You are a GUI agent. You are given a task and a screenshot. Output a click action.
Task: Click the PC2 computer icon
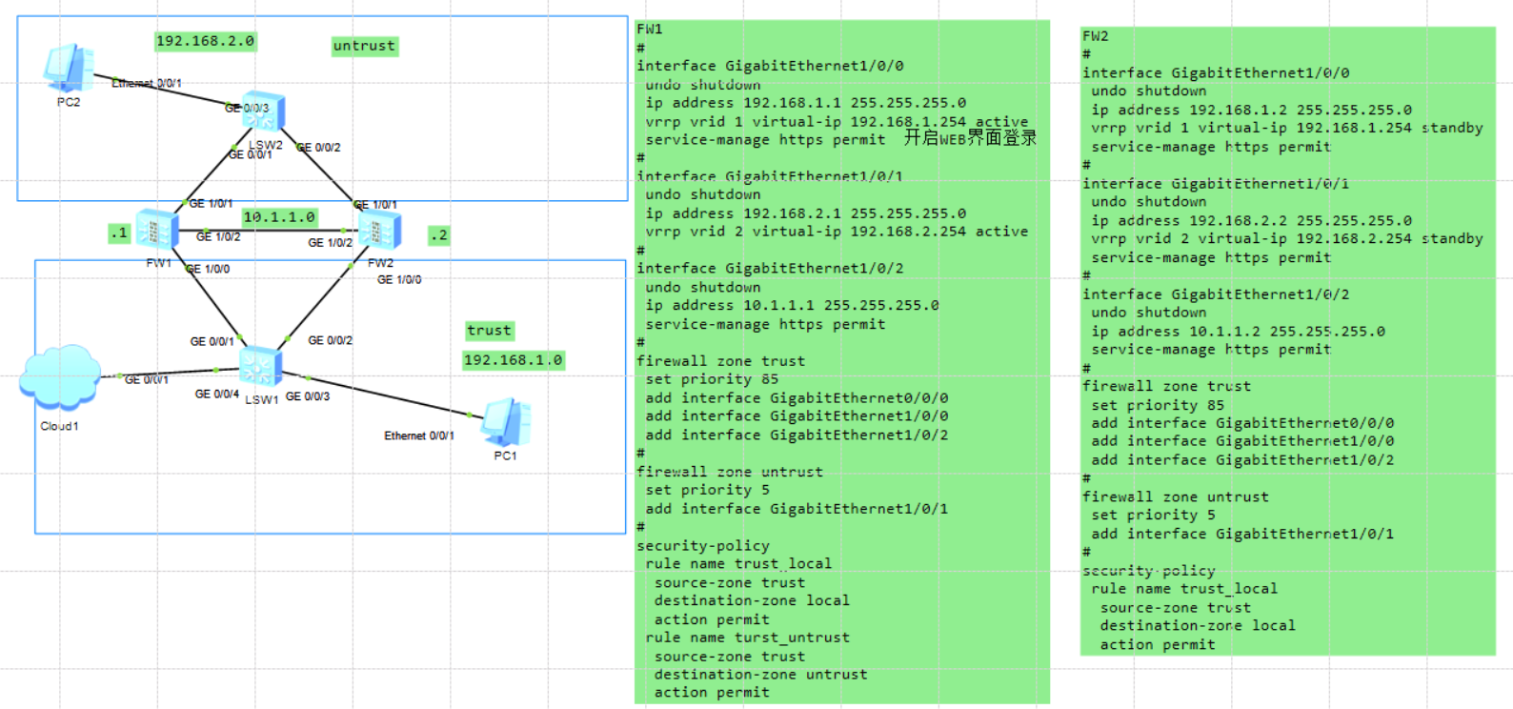point(68,68)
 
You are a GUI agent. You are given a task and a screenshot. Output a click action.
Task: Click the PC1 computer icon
point(506,423)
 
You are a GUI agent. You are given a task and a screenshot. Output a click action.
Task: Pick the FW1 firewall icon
point(156,230)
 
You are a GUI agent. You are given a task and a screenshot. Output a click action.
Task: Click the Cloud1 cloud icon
point(59,377)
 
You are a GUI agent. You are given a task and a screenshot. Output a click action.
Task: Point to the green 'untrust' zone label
point(364,46)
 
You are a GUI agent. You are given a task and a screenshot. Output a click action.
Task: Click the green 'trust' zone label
point(489,331)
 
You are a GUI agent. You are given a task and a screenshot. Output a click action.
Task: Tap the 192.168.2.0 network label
point(205,41)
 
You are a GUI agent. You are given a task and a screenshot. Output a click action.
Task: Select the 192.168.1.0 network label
point(513,360)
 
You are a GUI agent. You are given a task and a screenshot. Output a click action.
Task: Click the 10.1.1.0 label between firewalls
point(278,217)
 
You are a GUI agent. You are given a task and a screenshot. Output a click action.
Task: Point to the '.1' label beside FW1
point(118,233)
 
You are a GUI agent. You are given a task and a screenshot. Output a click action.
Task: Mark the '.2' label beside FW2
point(438,234)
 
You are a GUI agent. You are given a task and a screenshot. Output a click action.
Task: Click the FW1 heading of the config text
point(649,30)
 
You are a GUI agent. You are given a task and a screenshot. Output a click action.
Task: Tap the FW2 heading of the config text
point(1095,36)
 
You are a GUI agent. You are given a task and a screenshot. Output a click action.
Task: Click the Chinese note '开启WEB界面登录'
point(969,138)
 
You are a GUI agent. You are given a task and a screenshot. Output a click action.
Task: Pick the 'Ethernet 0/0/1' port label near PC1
point(418,436)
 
